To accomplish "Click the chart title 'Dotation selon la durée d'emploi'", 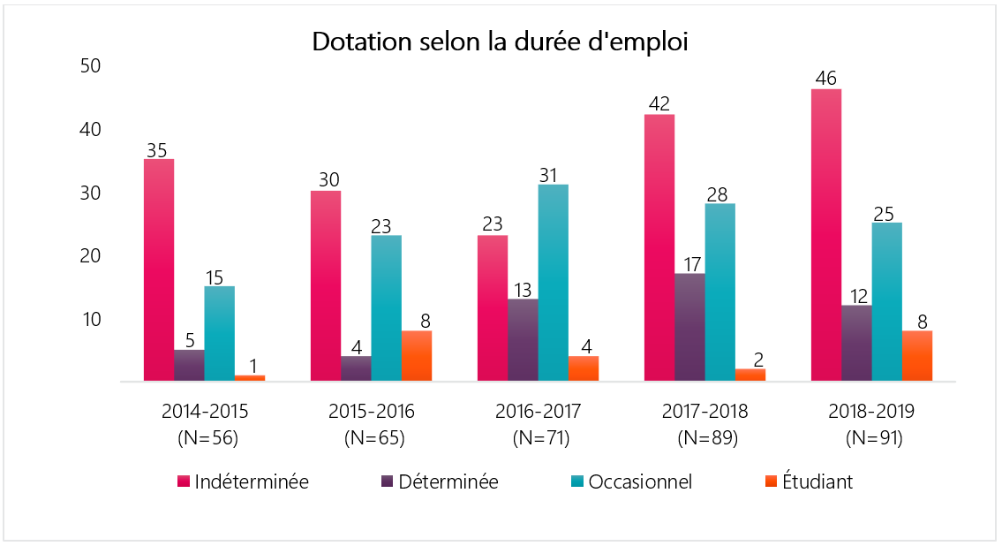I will point(500,42).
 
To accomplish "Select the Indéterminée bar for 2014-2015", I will point(159,270).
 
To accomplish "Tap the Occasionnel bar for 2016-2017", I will point(554,283).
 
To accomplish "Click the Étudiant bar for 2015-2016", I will point(417,356).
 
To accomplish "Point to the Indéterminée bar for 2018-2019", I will point(826,235).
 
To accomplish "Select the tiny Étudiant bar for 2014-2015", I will point(250,378).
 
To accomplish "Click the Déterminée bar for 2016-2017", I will point(523,340).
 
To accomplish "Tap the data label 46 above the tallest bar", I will point(826,78).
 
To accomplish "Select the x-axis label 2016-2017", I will point(539,412).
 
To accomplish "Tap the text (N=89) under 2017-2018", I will point(705,437).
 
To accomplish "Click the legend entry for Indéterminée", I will point(243,482).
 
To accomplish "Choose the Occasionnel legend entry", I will point(630,482).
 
